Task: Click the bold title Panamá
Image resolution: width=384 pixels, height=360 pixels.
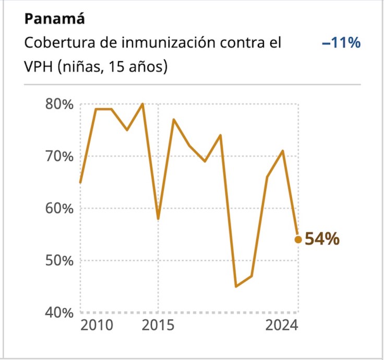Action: tap(55, 19)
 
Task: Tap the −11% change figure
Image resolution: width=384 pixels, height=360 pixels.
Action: tap(341, 43)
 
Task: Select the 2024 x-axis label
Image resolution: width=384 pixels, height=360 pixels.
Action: tap(282, 326)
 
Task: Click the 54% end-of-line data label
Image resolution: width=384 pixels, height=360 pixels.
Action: tap(322, 239)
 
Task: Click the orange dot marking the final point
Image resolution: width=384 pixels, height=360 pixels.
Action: tap(298, 239)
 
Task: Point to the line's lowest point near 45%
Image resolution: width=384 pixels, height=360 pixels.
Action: tap(236, 286)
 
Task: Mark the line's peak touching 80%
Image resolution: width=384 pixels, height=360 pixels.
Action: tap(142, 104)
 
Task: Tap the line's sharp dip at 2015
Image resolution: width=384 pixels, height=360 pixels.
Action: tap(158, 219)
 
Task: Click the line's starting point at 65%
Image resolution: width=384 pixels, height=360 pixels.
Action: tap(80, 182)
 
